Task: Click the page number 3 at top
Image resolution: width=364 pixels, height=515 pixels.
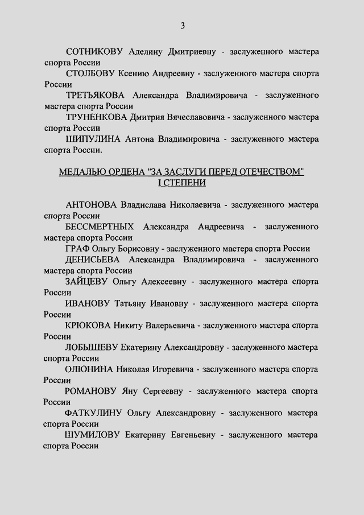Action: pos(183,25)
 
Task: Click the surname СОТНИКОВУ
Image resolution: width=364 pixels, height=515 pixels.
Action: pos(94,52)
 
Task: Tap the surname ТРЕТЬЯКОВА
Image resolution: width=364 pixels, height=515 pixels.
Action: pos(94,95)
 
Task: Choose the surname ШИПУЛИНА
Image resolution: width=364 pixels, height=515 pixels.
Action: pos(93,139)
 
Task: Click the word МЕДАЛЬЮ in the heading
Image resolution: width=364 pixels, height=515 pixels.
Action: pos(81,172)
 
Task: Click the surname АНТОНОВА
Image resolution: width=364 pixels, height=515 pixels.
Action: pos(91,205)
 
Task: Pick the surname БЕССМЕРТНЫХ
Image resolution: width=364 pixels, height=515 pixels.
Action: pos(101,226)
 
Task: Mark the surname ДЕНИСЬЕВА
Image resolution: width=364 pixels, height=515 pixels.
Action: pos(93,259)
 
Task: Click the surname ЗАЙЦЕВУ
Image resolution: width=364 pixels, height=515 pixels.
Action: pos(87,281)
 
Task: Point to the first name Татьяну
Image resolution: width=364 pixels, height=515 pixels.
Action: pos(130,303)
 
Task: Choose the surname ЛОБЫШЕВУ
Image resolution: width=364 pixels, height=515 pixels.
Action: pos(91,347)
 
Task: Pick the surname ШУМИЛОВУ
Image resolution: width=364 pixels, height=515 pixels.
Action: pos(93,435)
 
